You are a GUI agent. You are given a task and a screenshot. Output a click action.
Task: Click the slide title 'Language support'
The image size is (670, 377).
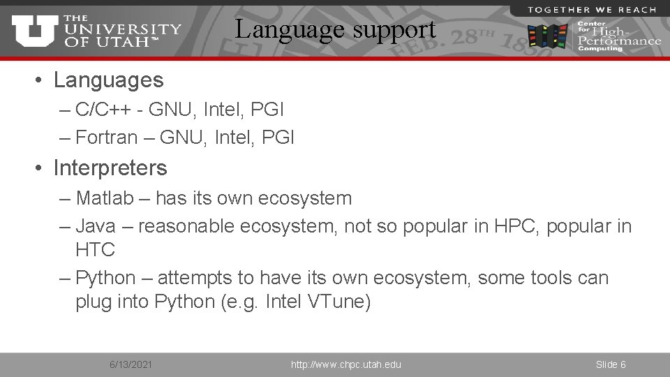click(x=335, y=29)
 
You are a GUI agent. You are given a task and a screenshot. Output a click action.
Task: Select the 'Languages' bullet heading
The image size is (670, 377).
click(x=108, y=80)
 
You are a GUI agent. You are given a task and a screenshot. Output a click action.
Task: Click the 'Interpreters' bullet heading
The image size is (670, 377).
click(x=110, y=168)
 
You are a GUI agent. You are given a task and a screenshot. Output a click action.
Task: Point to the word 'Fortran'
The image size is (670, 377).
click(x=107, y=138)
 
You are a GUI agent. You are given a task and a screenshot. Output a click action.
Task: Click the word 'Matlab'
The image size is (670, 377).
click(x=105, y=198)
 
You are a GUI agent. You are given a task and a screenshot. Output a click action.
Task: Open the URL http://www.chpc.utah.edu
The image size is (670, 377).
click(x=346, y=364)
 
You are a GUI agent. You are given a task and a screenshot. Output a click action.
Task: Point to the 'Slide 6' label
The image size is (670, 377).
click(x=611, y=364)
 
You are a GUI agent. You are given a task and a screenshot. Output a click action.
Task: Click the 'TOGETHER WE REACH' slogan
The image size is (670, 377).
click(x=592, y=9)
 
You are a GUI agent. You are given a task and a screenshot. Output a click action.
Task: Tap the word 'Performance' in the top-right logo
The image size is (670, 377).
click(x=619, y=40)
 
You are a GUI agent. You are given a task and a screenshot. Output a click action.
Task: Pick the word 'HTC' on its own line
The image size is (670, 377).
click(x=95, y=249)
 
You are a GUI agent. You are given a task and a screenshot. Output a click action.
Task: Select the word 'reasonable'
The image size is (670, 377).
click(x=186, y=226)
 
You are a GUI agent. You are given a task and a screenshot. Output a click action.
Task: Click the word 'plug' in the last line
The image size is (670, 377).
click(x=94, y=302)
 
